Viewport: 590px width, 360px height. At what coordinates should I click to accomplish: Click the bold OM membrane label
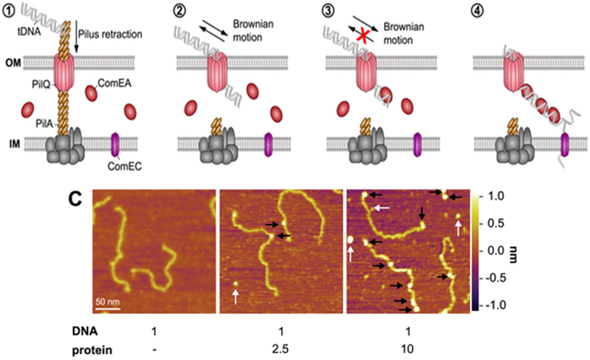pyautogui.click(x=16, y=61)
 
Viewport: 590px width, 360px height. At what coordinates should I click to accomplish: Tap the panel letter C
pyautogui.click(x=77, y=199)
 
